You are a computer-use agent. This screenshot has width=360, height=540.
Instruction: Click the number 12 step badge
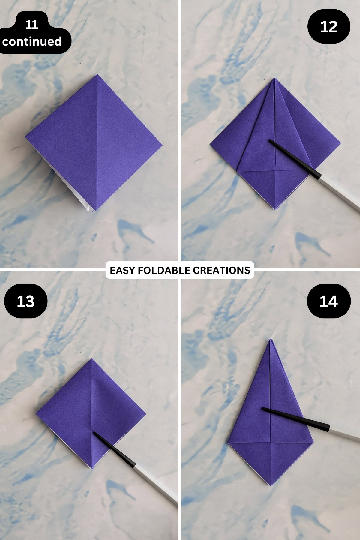pos(329,27)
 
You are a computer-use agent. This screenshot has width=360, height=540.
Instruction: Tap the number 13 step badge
pos(25,301)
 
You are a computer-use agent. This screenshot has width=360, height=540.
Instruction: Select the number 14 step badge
pos(329,301)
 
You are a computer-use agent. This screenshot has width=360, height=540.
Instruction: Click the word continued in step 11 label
pos(32,41)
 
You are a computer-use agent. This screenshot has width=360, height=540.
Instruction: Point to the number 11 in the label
pos(32,25)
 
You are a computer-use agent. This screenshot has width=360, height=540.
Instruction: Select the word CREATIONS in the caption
pos(221,270)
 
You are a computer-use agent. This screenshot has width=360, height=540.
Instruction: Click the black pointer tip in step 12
pos(270,140)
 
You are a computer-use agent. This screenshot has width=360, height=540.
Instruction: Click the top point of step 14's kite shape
pos(271,340)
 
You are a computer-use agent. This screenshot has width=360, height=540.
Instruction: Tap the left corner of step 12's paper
pos(210,145)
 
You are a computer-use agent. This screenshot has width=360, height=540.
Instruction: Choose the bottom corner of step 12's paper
pos(275,209)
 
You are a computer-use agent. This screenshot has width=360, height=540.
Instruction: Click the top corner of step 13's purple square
pos(91,359)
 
